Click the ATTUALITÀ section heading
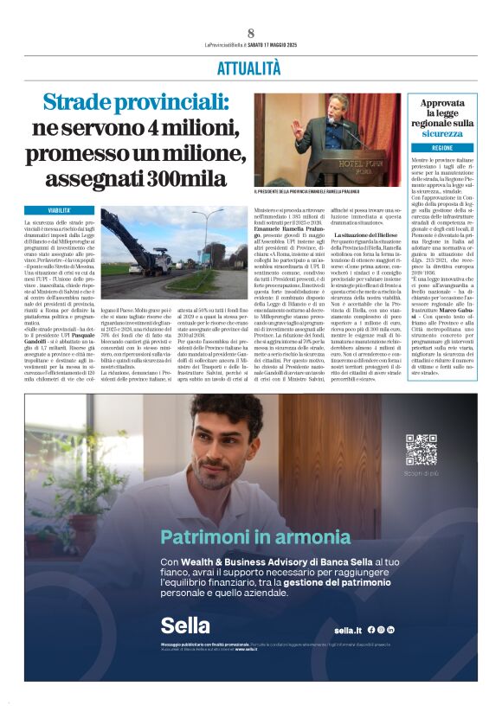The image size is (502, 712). tap(249, 67)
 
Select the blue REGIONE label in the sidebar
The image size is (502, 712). tap(442, 148)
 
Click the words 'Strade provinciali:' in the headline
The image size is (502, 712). tap(136, 105)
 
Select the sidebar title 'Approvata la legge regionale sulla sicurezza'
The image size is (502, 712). tap(442, 118)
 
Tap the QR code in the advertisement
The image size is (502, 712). tap(422, 449)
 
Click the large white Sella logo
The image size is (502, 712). tap(184, 625)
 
